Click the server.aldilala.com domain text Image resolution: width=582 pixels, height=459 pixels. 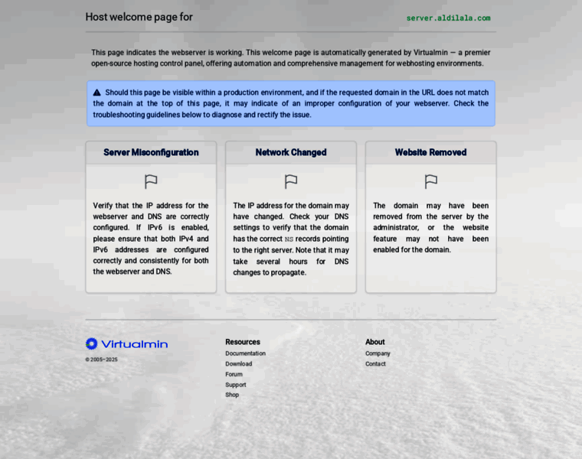point(448,18)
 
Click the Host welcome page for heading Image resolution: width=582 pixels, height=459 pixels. point(139,17)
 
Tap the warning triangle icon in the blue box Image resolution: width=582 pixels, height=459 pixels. point(97,93)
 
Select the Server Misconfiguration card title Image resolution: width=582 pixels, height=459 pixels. point(151,152)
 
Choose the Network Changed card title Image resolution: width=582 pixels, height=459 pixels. point(291,152)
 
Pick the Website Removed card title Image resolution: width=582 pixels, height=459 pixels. point(430,152)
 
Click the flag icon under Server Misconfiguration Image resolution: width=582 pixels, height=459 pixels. point(151,181)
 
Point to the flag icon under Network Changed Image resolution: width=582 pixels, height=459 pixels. point(291,181)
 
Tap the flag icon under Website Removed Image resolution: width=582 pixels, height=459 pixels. point(431,181)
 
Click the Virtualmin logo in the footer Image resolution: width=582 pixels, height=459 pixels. point(126,344)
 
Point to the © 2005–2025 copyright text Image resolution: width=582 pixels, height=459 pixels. point(101,360)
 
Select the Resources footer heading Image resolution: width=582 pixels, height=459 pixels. point(243,342)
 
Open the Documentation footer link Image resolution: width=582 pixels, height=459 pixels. point(245,353)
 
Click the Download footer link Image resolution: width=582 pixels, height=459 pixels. point(238,364)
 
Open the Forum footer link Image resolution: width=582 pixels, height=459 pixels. point(234,374)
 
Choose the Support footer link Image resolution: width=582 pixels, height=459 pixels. point(236,385)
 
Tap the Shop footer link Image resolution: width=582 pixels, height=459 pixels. point(232,395)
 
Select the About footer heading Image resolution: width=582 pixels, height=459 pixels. point(375,342)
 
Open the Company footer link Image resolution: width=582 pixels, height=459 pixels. point(378,353)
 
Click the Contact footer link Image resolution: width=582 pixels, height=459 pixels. point(375,364)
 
